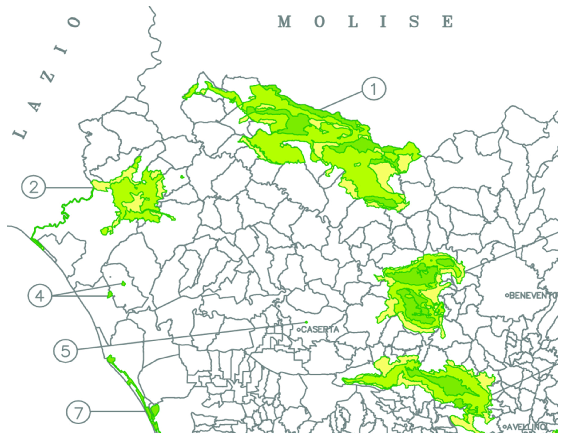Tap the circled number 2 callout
tap(33, 188)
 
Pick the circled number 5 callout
tap(65, 351)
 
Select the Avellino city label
tap(526, 427)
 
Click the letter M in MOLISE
tap(284, 22)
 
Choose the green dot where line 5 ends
tap(306, 322)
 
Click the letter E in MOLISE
tap(447, 22)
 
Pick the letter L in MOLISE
tap(353, 22)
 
